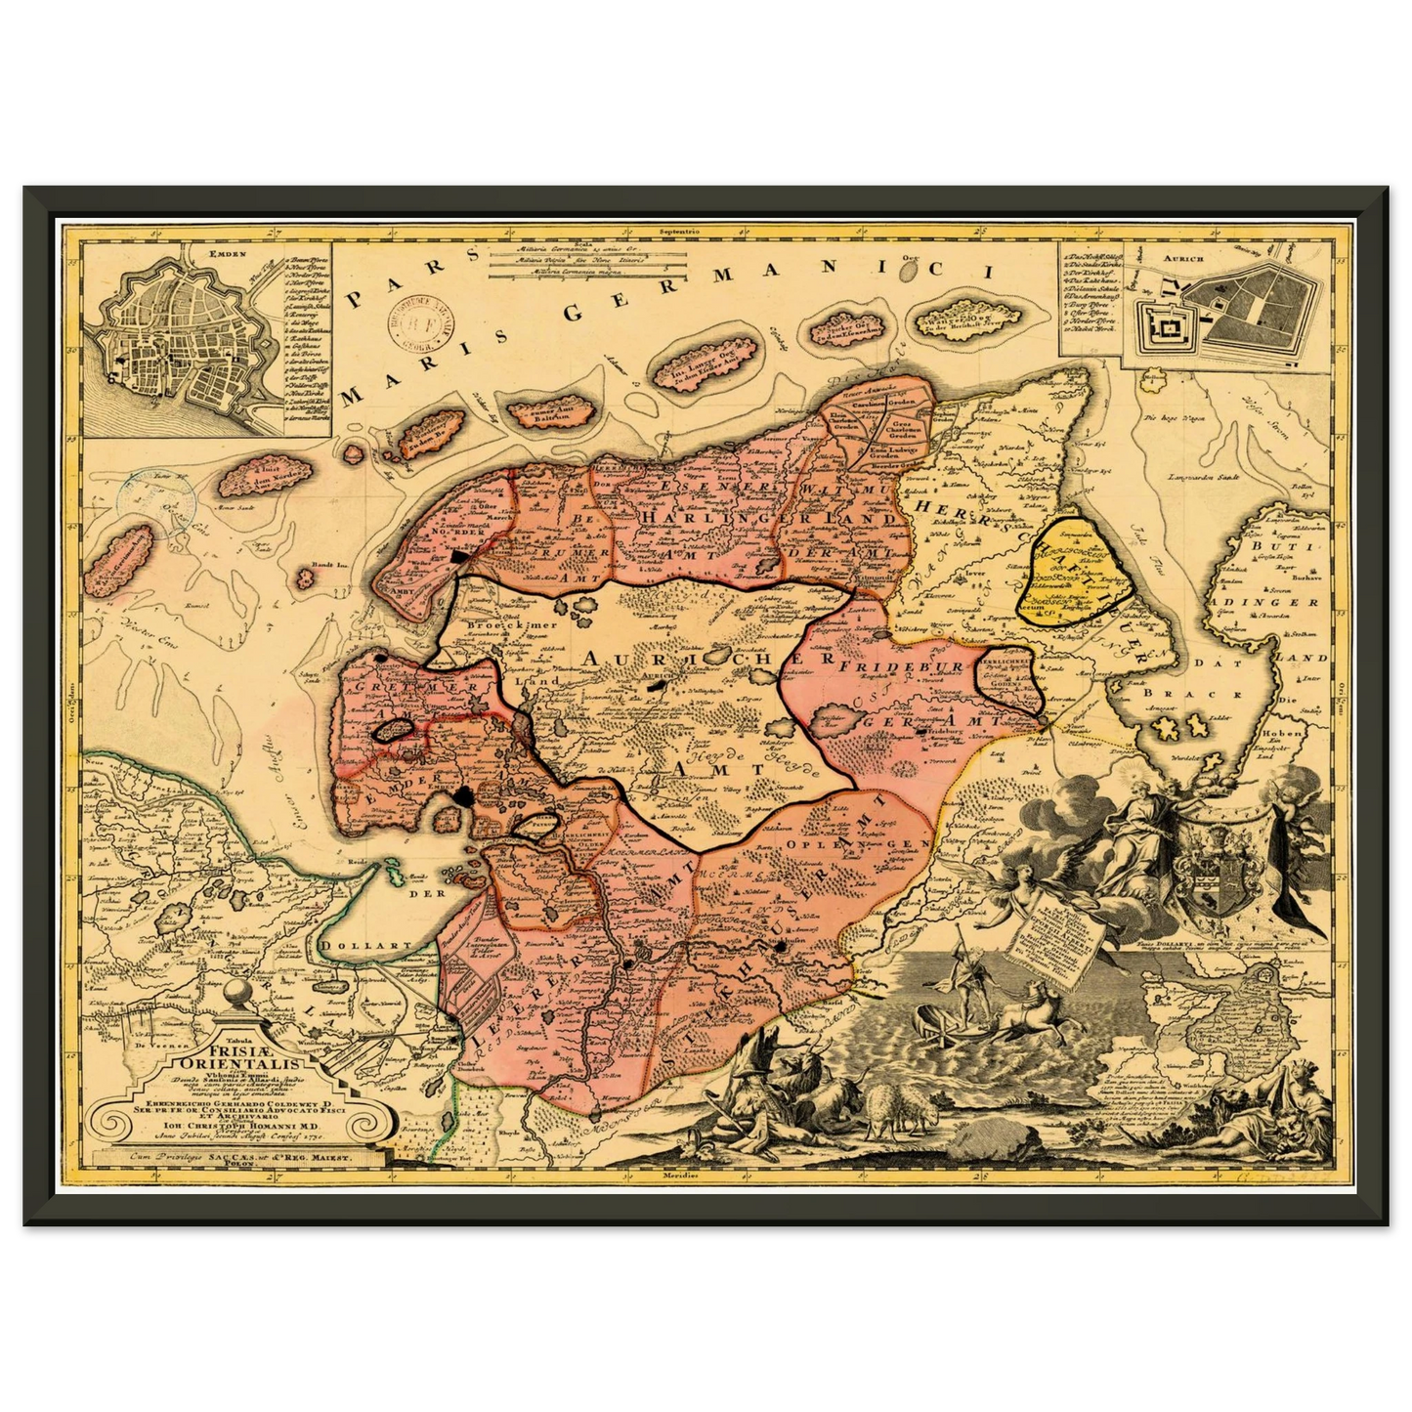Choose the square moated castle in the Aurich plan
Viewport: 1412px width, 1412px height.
point(1165,329)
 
